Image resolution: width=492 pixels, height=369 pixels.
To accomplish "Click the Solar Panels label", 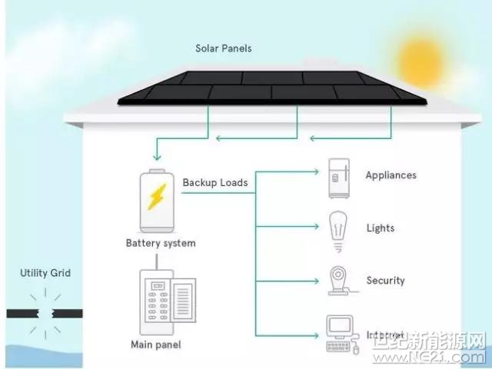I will (224, 48).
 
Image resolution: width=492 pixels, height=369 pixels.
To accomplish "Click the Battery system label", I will (161, 244).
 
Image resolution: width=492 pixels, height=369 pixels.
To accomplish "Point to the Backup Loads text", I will (215, 183).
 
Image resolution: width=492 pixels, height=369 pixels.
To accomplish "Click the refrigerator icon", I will (337, 178).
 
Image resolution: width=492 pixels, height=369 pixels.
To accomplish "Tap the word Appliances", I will (391, 175).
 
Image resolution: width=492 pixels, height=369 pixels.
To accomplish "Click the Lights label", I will (381, 228).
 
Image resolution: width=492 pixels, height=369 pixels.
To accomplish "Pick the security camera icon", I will (338, 281).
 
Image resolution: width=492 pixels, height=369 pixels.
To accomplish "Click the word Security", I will (385, 281).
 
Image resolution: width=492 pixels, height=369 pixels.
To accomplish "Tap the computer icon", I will (339, 334).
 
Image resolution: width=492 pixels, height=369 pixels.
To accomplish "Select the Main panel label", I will (156, 344).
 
